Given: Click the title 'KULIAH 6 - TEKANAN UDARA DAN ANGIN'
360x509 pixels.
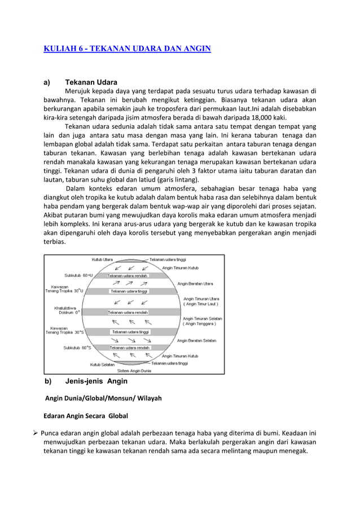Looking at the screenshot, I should click(128, 50).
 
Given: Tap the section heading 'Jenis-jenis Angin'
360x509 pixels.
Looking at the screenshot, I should click(96, 381).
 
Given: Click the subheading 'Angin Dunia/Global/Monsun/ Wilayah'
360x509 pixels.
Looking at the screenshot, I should click(103, 398).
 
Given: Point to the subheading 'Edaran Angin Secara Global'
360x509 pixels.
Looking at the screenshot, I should click(86, 416).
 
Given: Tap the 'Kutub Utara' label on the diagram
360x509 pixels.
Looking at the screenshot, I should click(102, 260).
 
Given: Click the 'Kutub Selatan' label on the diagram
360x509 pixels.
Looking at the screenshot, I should click(104, 365).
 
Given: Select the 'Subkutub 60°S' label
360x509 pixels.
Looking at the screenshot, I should click(78, 348).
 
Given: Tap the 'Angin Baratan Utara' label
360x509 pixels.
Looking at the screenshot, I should click(195, 283).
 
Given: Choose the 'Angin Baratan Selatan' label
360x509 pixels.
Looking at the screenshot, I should click(197, 340).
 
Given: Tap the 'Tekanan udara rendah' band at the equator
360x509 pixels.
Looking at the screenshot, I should click(129, 312).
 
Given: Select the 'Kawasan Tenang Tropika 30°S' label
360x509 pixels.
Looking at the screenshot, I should click(64, 330).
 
